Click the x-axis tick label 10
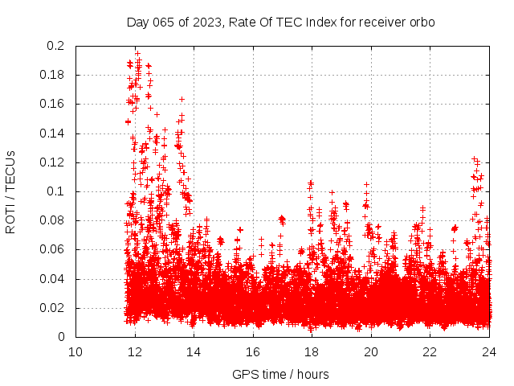[75, 351]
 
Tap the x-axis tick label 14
[194, 351]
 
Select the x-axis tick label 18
[312, 351]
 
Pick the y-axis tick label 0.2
[55, 46]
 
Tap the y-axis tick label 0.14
[52, 133]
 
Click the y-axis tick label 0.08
[52, 220]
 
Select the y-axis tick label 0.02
[52, 308]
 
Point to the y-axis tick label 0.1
[55, 191]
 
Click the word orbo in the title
[422, 23]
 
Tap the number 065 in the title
[165, 23]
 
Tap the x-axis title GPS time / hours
[280, 374]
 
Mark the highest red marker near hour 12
[137, 53]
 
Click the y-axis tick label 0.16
[52, 104]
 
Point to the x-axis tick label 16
[253, 351]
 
